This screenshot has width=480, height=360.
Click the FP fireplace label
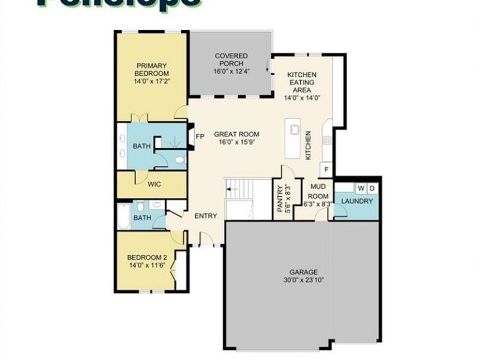point(201,137)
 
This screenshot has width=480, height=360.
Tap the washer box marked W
point(361,188)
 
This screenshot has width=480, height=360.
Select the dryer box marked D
point(372,188)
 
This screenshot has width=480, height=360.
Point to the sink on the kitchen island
point(293,130)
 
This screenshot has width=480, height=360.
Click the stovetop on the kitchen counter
point(326,140)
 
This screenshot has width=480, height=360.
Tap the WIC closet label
point(154,184)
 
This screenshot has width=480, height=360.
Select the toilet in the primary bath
point(180,159)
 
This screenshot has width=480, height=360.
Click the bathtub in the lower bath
point(122,217)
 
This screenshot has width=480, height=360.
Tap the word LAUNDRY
point(356,201)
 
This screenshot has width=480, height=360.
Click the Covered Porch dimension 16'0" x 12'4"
point(231,70)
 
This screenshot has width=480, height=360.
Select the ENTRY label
point(205,216)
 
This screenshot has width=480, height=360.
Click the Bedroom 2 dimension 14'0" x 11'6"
point(146,264)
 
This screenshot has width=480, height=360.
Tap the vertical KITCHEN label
point(308,145)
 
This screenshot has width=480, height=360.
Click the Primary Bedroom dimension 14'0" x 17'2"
point(151,81)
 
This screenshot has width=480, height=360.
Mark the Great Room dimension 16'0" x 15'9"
point(236,142)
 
